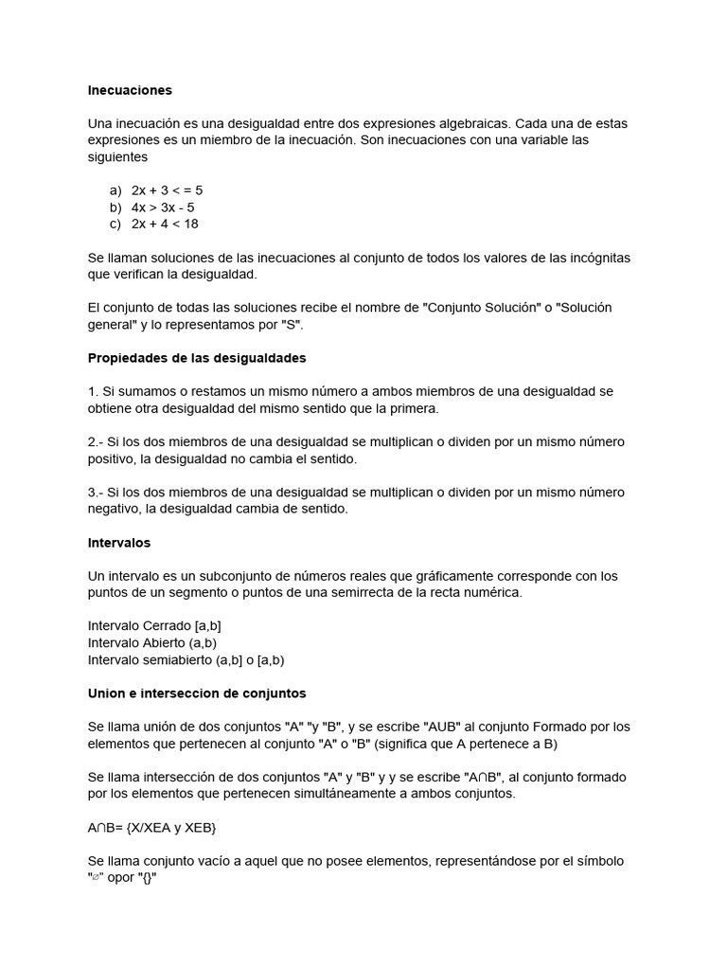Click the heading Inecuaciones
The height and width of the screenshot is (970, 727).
[x=130, y=91]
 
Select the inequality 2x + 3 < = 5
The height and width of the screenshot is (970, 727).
[x=167, y=190]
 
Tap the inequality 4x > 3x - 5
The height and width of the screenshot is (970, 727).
[x=163, y=207]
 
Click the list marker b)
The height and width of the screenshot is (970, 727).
[x=116, y=207]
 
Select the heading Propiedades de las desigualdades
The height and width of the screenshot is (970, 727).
[x=197, y=358]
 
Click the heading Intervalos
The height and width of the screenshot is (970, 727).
[x=119, y=543]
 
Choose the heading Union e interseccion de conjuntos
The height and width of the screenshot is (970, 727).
[x=197, y=693]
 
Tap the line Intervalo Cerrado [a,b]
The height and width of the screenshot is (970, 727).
[x=154, y=626]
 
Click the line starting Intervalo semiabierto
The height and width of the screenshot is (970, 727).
[x=186, y=660]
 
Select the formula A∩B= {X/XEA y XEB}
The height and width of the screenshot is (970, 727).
[x=152, y=828]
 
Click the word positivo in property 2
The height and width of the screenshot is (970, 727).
[x=114, y=458]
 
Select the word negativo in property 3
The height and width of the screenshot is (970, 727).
[x=115, y=509]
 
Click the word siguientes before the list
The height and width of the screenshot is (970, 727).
[x=118, y=157]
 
